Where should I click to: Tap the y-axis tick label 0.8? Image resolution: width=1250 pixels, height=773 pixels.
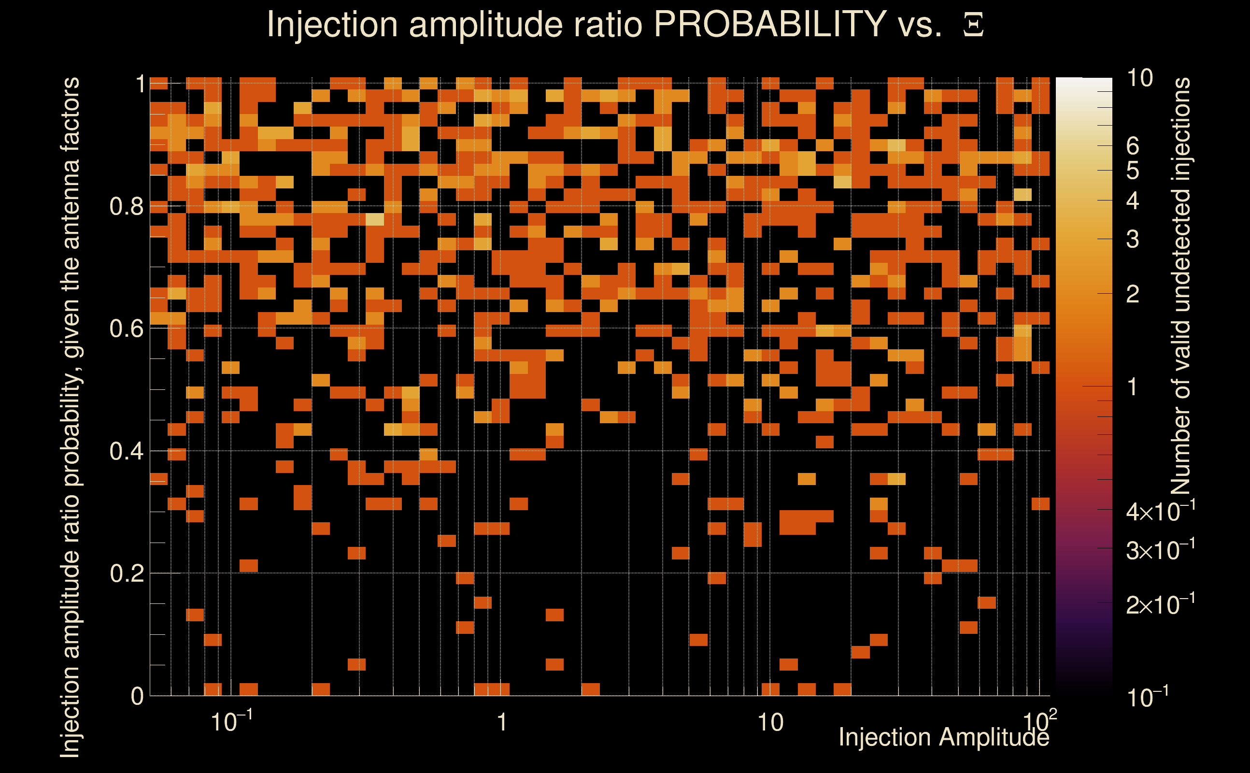[127, 207]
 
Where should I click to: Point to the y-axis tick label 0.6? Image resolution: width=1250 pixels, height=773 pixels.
[127, 329]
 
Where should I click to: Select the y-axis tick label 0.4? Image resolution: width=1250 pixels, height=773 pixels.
[127, 452]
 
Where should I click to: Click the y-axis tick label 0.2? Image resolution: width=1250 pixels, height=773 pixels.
[127, 573]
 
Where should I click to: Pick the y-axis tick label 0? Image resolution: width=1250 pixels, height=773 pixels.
[137, 696]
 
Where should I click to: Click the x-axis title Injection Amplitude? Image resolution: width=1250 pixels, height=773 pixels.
[944, 737]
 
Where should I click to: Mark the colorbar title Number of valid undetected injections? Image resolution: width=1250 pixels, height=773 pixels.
[1180, 286]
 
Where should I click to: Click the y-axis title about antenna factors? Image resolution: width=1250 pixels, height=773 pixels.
[70, 417]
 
